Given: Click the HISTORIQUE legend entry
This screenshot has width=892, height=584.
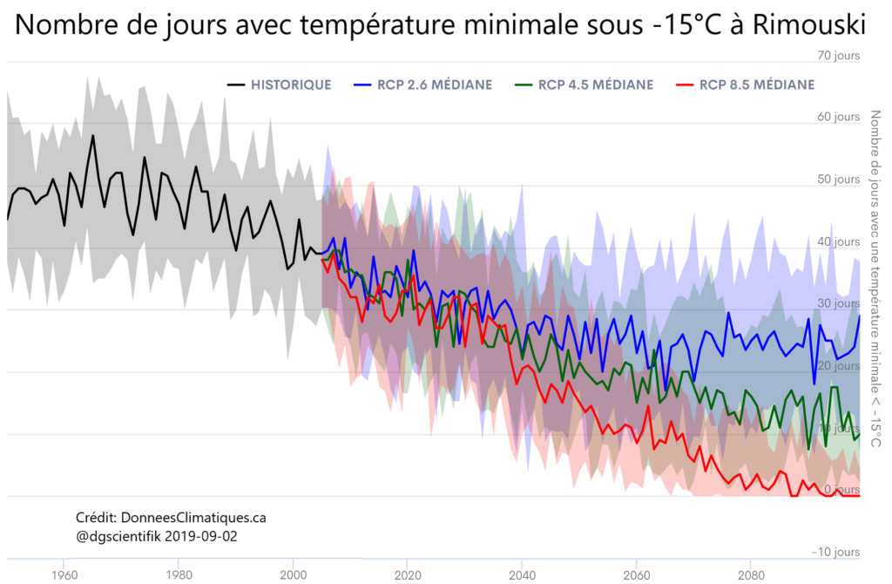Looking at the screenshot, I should (x=290, y=85).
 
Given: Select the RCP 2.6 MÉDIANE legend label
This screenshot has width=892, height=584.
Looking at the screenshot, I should (x=435, y=85).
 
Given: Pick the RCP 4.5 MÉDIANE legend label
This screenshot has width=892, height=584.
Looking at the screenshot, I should (x=596, y=85).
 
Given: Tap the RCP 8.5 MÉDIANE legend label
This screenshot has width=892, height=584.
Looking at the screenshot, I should (x=757, y=85).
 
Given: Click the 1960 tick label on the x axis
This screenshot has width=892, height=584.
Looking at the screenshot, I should (x=63, y=575).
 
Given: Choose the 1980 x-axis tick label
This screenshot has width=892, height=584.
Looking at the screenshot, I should (x=179, y=575).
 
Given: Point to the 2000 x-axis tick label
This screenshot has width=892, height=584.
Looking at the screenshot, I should (x=294, y=575).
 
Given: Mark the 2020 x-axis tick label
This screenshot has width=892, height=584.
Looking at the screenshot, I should (x=408, y=575).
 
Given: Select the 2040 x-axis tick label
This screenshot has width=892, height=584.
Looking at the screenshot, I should (x=522, y=575).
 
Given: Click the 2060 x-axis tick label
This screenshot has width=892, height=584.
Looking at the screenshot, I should (x=637, y=575).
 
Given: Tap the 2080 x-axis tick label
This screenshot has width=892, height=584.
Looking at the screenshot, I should (x=751, y=575).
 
